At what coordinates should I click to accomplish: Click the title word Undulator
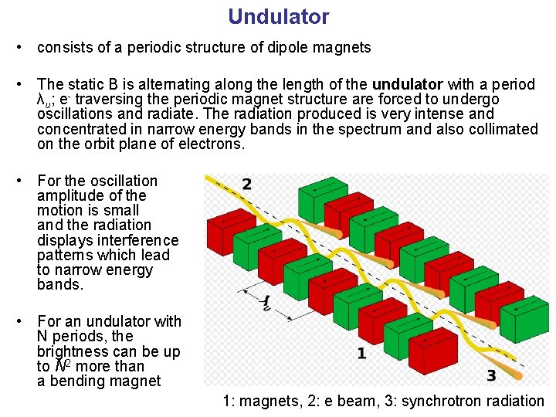(278, 16)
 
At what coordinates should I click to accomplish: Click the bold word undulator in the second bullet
(407, 84)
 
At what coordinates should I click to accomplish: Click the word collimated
(501, 129)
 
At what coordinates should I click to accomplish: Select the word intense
(443, 114)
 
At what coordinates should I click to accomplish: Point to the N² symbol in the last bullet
(62, 366)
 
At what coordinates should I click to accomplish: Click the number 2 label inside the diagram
(246, 185)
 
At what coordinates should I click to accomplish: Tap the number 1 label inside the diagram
(361, 354)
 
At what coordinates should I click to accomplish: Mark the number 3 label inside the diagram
(491, 375)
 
